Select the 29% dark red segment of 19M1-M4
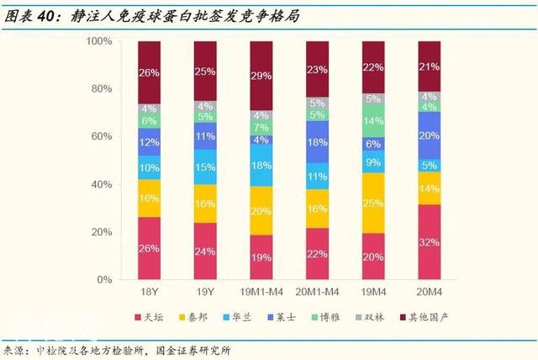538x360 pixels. coord(261,76)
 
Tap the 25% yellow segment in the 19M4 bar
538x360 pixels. coord(373,203)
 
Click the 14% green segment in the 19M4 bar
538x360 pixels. coord(373,120)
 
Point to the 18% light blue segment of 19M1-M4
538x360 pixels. coord(261,166)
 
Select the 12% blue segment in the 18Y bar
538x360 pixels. coord(149,141)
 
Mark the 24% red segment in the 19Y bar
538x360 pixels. coord(205,251)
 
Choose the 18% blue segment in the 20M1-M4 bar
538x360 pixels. coord(317,143)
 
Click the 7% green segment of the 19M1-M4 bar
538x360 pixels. coord(261,128)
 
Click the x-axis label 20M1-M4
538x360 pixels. coord(317,293)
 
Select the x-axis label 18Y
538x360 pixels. coord(149,293)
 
